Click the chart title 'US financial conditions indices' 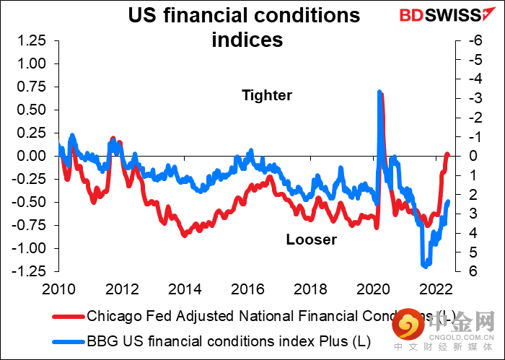pos(244,26)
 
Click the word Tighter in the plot pos(267,95)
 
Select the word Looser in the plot pos(311,240)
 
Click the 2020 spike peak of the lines pos(379,92)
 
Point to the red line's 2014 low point pos(184,235)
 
